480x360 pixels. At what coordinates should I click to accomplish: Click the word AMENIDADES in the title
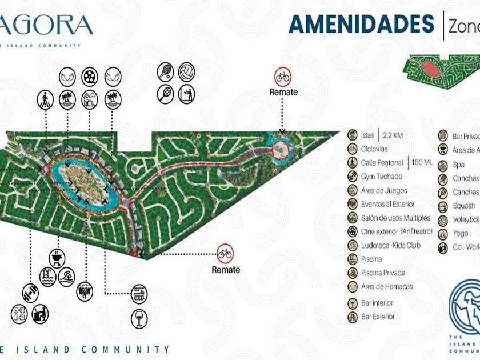pos(361,24)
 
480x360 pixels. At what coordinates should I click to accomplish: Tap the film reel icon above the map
pos(89,76)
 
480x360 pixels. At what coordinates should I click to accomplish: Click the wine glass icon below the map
pos(139,318)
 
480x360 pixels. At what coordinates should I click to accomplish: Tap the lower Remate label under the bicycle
pos(226,270)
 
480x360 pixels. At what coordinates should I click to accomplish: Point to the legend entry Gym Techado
pos(382,177)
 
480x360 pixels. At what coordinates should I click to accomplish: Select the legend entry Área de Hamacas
pos(386,286)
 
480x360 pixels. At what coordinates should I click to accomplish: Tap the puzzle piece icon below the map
pos(19,313)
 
